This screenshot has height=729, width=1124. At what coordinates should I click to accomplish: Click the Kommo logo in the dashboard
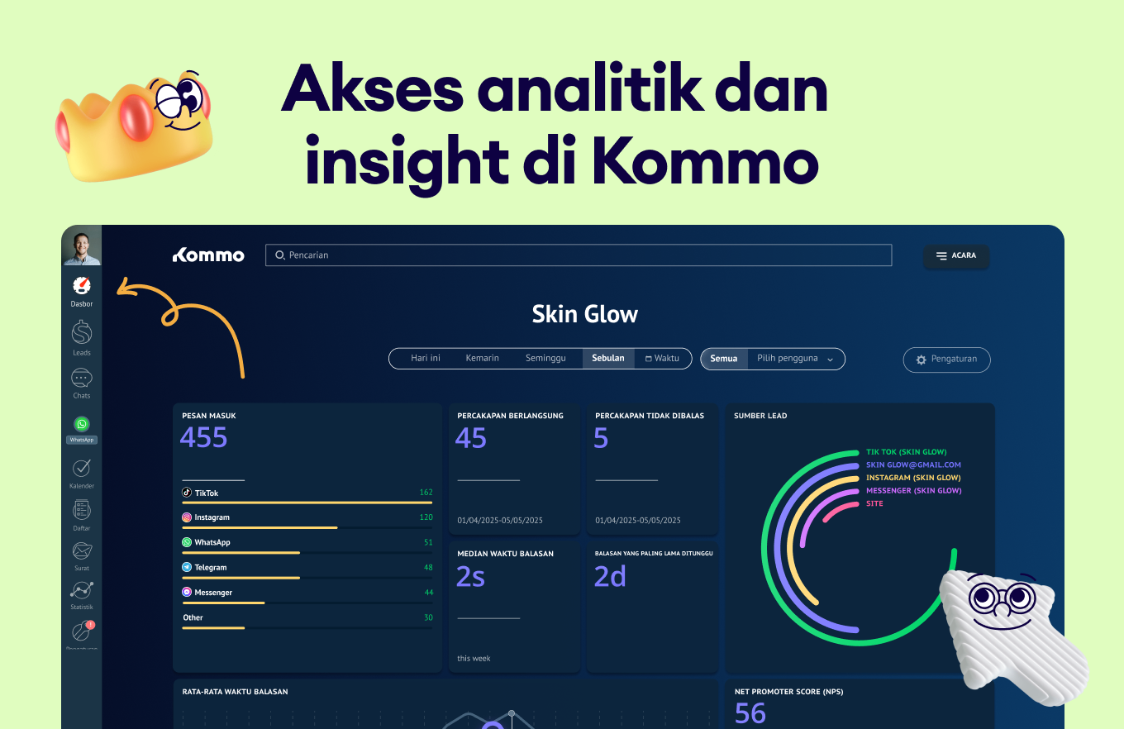208,255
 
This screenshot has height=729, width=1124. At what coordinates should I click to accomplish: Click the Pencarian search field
579,255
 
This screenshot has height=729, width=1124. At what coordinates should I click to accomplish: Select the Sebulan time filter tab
608,358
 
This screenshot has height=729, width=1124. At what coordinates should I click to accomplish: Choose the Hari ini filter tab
426,358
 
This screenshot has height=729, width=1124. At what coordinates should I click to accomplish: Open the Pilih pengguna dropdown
796,358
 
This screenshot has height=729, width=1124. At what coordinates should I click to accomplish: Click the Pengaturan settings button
946,360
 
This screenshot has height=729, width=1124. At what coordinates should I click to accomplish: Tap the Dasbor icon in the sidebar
82,286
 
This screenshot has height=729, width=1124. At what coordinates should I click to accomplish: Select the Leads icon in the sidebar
82,333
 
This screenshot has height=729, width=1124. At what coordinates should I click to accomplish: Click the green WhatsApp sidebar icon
82,424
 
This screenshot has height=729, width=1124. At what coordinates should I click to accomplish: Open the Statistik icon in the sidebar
82,590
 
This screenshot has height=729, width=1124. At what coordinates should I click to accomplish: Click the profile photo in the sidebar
82,245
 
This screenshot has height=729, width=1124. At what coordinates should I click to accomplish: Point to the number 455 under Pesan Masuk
203,437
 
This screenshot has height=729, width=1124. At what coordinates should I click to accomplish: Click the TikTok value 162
426,493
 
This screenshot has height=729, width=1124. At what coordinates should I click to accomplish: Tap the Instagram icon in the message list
187,517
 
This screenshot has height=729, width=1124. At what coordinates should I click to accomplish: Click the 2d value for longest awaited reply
610,576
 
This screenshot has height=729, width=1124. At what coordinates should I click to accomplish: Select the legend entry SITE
874,503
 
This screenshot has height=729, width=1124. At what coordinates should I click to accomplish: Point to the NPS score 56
750,712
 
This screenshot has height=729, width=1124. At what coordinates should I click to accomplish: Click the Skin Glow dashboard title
585,314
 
